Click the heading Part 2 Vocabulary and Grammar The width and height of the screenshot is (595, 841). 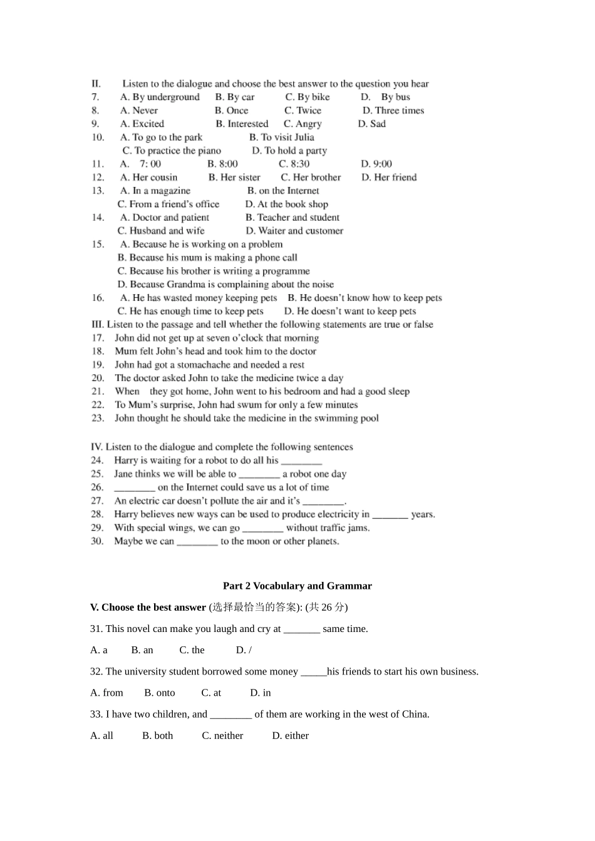(297, 586)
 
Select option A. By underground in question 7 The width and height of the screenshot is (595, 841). (160, 97)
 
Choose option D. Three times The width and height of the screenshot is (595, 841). (393, 110)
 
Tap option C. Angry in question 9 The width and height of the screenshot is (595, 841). (303, 124)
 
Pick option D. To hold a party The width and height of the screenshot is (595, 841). (289, 150)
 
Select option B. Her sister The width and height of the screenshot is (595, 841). (234, 177)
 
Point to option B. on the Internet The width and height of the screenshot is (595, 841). (283, 191)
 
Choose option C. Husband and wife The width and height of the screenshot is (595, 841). (161, 231)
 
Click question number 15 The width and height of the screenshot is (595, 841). (98, 244)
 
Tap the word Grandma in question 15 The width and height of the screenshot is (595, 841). (186, 284)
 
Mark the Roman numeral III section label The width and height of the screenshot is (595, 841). (97, 324)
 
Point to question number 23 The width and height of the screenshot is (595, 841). (98, 418)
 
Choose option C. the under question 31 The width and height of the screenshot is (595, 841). (192, 650)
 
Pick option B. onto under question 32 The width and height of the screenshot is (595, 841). (160, 693)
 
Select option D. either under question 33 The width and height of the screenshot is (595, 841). (290, 735)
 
